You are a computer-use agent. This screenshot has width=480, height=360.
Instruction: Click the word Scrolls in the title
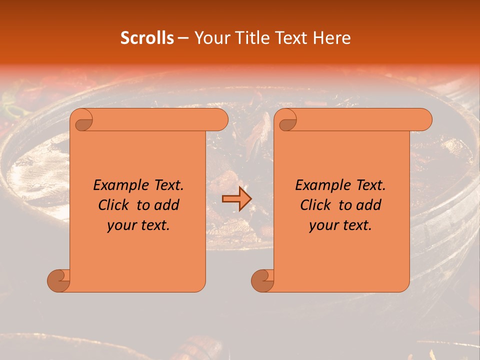coord(147,38)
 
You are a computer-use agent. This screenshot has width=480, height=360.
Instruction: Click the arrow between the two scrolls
coord(237,199)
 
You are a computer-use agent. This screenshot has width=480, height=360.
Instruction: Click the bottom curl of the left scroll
coord(59,280)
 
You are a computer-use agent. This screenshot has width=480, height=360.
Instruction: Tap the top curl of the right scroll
coord(287,120)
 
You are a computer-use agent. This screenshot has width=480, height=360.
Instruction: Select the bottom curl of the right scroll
coord(263,280)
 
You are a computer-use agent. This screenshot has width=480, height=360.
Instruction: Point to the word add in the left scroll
coord(167,205)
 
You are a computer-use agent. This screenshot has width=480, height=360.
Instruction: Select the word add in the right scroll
coord(369,205)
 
